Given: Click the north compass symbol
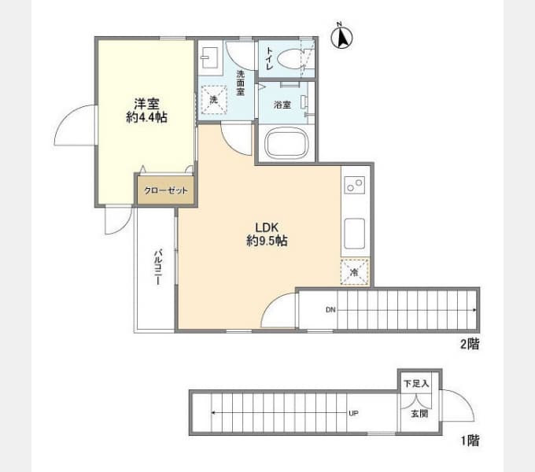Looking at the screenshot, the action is click(x=342, y=36).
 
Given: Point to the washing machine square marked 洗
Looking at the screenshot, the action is click(x=213, y=100).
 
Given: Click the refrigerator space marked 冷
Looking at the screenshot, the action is click(x=355, y=272).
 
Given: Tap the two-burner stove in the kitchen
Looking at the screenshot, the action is click(x=355, y=185).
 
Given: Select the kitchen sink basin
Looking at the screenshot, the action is click(x=355, y=234).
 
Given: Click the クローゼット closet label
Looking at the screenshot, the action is click(x=166, y=190).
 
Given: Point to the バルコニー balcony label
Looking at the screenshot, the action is click(x=158, y=267).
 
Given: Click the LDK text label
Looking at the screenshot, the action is click(x=267, y=227).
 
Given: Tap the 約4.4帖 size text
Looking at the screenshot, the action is click(x=146, y=118).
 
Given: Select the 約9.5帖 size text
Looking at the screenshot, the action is click(x=267, y=241).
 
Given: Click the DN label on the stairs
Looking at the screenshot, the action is click(x=330, y=310).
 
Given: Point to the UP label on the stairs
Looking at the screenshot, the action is click(x=353, y=413).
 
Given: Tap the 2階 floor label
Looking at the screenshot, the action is click(x=470, y=344).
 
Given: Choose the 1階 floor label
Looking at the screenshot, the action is click(x=470, y=441).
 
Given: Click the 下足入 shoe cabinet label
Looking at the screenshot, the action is click(x=416, y=383).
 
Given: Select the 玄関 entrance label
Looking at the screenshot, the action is click(x=419, y=414).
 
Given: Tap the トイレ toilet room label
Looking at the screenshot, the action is click(x=269, y=58).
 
